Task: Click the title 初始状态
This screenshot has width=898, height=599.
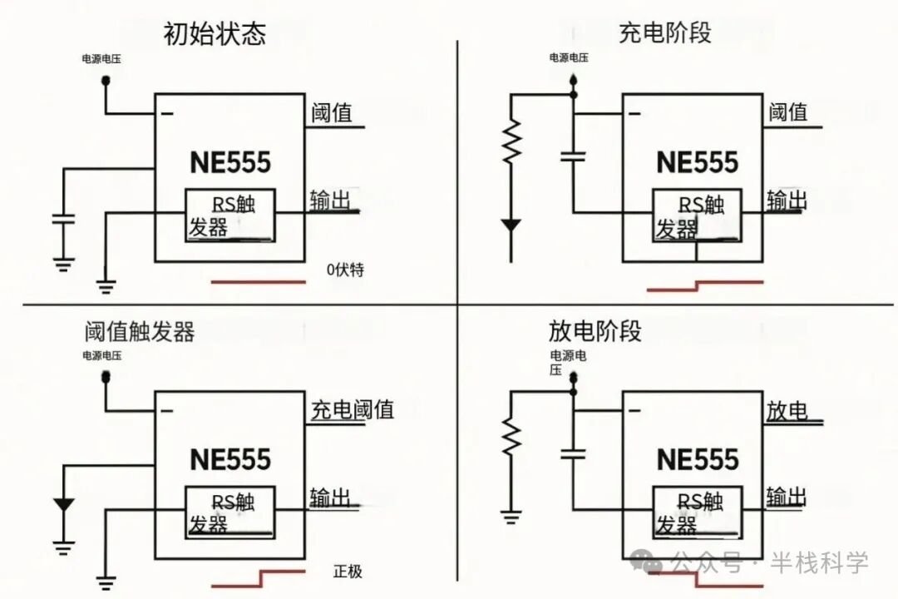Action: pyautogui.click(x=215, y=35)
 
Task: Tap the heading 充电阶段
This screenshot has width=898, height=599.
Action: pyautogui.click(x=665, y=33)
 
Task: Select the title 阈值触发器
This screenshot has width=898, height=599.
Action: pyautogui.click(x=140, y=332)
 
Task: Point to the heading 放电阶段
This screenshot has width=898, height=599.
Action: pyautogui.click(x=595, y=330)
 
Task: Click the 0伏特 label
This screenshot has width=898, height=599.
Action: pyautogui.click(x=346, y=270)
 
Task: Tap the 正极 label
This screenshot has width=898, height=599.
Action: pyautogui.click(x=348, y=572)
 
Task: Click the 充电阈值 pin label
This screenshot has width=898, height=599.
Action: pyautogui.click(x=353, y=409)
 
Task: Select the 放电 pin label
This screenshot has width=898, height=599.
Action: pyautogui.click(x=787, y=410)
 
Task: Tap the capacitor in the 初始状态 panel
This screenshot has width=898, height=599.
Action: pyautogui.click(x=63, y=220)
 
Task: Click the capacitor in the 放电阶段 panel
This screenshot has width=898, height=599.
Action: pyautogui.click(x=573, y=453)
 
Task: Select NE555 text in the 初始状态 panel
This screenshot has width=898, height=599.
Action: pyautogui.click(x=230, y=162)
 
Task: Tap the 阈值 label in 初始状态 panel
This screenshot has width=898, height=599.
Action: pyautogui.click(x=332, y=112)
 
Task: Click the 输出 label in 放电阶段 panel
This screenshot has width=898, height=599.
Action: pyautogui.click(x=787, y=497)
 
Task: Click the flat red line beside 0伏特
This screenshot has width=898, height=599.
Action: pyautogui.click(x=258, y=282)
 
